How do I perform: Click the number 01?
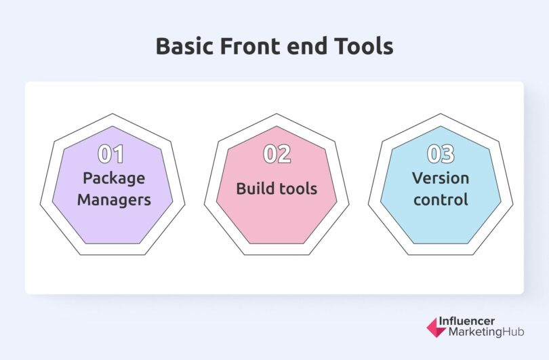click(x=112, y=155)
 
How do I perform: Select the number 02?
click(x=277, y=155)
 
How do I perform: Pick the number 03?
click(x=441, y=155)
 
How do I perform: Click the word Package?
click(x=114, y=179)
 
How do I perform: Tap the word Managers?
click(x=114, y=200)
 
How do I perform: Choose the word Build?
click(x=256, y=188)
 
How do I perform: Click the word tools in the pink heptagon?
click(x=298, y=188)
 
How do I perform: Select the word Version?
click(x=441, y=178)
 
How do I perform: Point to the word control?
click(x=441, y=200)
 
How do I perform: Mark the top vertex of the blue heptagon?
click(x=441, y=127)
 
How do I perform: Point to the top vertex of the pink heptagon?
click(x=277, y=127)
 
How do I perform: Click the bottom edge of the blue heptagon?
click(x=441, y=243)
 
